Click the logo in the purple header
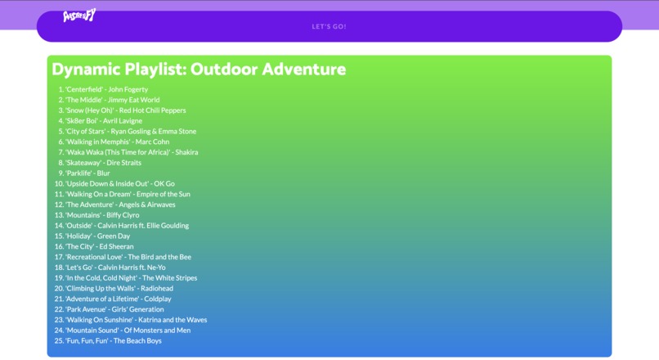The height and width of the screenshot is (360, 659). pyautogui.click(x=79, y=16)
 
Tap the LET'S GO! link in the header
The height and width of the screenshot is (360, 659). pyautogui.click(x=329, y=26)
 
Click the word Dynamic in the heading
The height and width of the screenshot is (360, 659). pyautogui.click(x=86, y=70)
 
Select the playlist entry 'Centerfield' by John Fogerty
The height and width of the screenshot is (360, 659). pyautogui.click(x=106, y=89)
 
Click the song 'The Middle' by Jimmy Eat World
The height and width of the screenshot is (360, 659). pyautogui.click(x=112, y=100)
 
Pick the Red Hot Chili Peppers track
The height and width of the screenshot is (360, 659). pyautogui.click(x=125, y=110)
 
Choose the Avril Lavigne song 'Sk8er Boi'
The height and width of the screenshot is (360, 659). pyautogui.click(x=103, y=121)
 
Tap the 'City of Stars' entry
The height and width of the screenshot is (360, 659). pyautogui.click(x=130, y=131)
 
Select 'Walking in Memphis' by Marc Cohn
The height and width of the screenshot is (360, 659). pyautogui.click(x=117, y=142)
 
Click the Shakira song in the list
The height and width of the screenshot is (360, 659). pyautogui.click(x=131, y=152)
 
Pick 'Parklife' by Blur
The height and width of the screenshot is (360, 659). pyautogui.click(x=87, y=173)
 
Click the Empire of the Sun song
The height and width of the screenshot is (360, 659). pyautogui.click(x=127, y=194)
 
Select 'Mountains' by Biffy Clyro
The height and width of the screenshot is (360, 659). pyautogui.click(x=102, y=215)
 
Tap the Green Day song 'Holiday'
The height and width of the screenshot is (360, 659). pyautogui.click(x=97, y=236)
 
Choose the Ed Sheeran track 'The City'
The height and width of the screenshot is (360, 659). pyautogui.click(x=99, y=246)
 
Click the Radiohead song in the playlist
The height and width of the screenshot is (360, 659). pyautogui.click(x=119, y=288)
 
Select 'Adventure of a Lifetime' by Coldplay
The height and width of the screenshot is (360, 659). pyautogui.click(x=118, y=299)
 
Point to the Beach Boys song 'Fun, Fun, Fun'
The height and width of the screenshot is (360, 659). pyautogui.click(x=113, y=340)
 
